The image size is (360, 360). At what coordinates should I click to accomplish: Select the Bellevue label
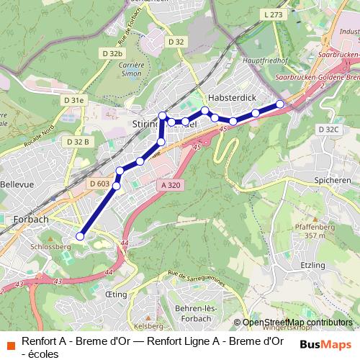(x=17, y=184)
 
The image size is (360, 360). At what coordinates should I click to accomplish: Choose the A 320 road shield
(x=170, y=184)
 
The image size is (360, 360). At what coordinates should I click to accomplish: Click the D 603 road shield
(x=101, y=184)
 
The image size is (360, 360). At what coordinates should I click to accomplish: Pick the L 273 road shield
(x=274, y=14)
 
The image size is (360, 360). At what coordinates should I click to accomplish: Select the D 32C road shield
(x=328, y=129)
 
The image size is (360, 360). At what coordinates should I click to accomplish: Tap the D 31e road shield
(x=73, y=99)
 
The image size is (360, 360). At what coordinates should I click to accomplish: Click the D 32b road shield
(x=113, y=53)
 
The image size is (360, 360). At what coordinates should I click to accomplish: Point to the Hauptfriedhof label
(x=266, y=61)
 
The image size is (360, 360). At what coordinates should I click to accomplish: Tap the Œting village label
(x=115, y=295)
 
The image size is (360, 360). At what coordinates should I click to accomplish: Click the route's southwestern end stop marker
(x=81, y=235)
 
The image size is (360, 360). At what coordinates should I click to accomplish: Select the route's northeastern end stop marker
(x=281, y=104)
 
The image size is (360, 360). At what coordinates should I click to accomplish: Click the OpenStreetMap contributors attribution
(x=297, y=323)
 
